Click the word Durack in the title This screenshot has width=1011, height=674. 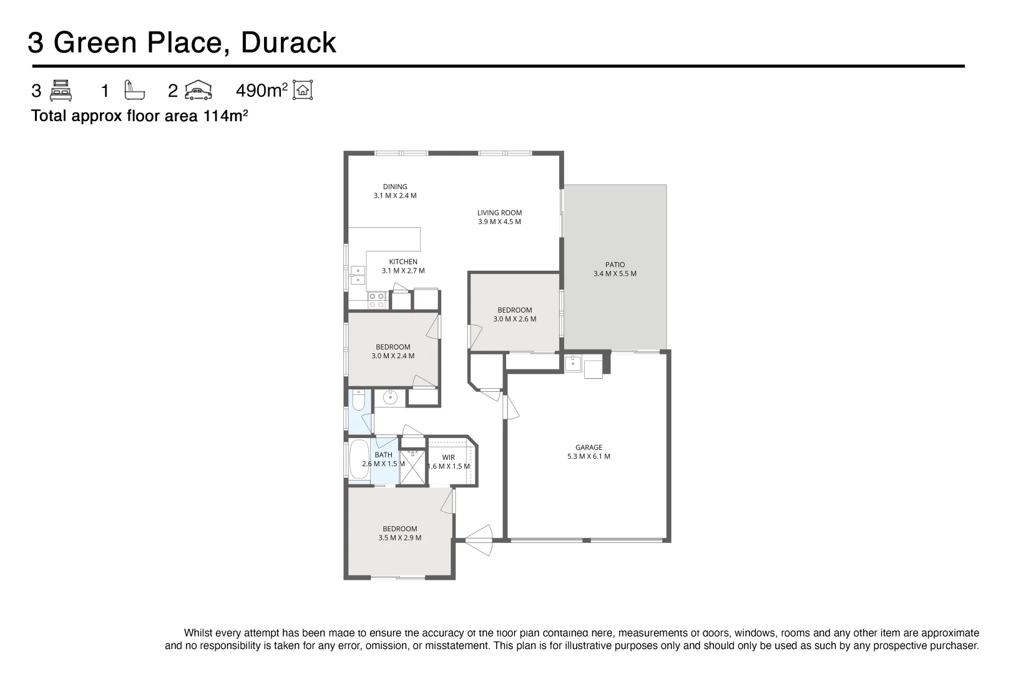pyautogui.click(x=288, y=42)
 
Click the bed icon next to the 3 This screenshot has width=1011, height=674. pyautogui.click(x=61, y=90)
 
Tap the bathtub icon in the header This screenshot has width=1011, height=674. pyautogui.click(x=134, y=90)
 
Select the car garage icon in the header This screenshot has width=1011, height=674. pyautogui.click(x=198, y=90)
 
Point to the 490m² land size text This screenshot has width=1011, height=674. pyautogui.click(x=261, y=90)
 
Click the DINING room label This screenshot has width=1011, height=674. pyautogui.click(x=395, y=187)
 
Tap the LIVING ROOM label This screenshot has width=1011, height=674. pyautogui.click(x=499, y=213)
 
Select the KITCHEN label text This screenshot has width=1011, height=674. pyautogui.click(x=403, y=262)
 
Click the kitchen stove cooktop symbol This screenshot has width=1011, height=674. pyautogui.click(x=377, y=300)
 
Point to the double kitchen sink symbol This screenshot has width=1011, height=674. pyautogui.click(x=358, y=275)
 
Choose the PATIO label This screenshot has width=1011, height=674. pyautogui.click(x=615, y=265)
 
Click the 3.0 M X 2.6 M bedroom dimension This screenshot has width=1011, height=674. pyautogui.click(x=515, y=319)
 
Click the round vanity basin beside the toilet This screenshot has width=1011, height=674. pyautogui.click(x=389, y=398)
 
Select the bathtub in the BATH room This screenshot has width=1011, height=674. pyautogui.click(x=359, y=460)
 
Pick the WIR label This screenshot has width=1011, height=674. pyautogui.click(x=448, y=457)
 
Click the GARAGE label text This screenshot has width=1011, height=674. pyautogui.click(x=589, y=447)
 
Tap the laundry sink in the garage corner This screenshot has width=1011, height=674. pyautogui.click(x=573, y=363)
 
